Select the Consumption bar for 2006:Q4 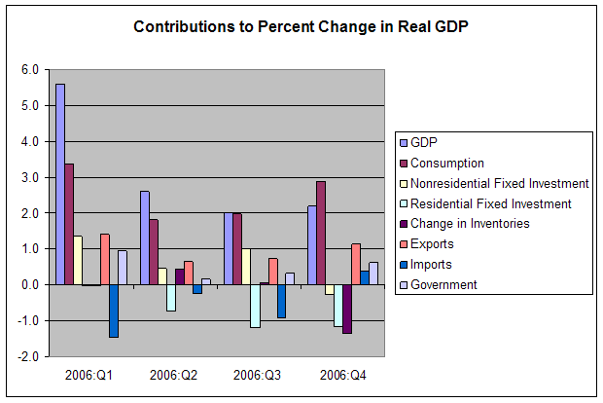321,233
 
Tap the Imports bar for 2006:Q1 114,311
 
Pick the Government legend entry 444,284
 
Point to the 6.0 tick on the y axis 28,70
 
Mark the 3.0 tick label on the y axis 28,177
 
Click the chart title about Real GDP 301,27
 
